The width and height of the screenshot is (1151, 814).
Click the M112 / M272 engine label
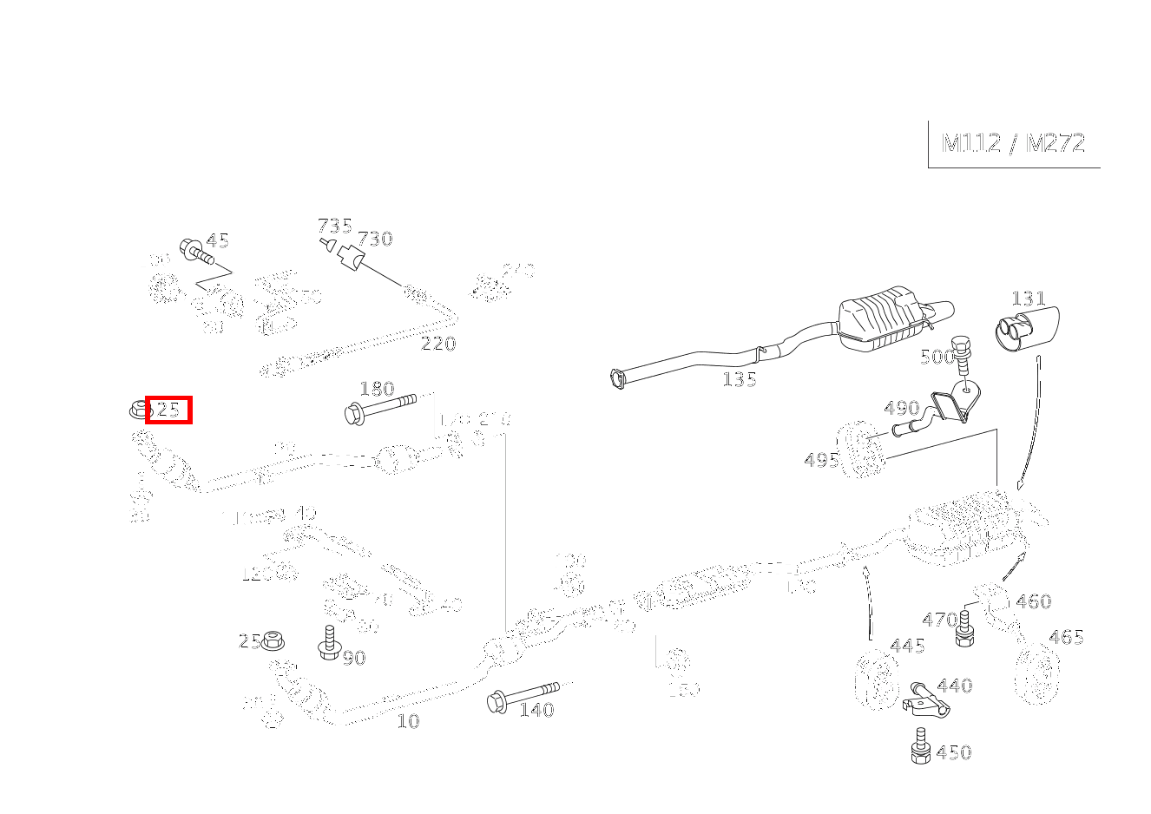coord(1013,143)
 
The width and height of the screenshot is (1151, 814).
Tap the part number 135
coord(739,379)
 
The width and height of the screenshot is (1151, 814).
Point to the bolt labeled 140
coord(525,695)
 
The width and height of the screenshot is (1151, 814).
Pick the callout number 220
coord(438,344)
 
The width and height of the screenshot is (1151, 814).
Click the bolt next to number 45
coord(196,253)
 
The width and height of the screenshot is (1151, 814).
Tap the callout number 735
coord(334,226)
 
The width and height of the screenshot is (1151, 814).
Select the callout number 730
coord(375,239)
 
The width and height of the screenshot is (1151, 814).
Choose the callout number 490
coord(901,408)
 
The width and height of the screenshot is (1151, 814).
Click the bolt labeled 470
coord(965,630)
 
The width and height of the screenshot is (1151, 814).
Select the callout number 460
coord(1033,601)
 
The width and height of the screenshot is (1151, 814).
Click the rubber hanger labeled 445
coord(876,682)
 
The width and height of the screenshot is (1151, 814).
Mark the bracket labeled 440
coord(925,700)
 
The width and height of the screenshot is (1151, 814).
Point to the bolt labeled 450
coord(921,749)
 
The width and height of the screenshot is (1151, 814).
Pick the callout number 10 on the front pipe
coord(408,721)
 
